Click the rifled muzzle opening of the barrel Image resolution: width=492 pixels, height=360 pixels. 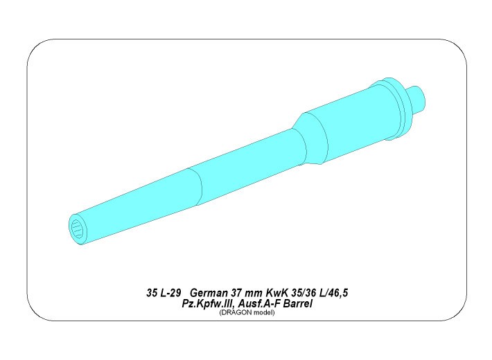(76, 229)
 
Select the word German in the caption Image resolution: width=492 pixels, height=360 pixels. (209, 293)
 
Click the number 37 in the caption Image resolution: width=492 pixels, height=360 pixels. (236, 293)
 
